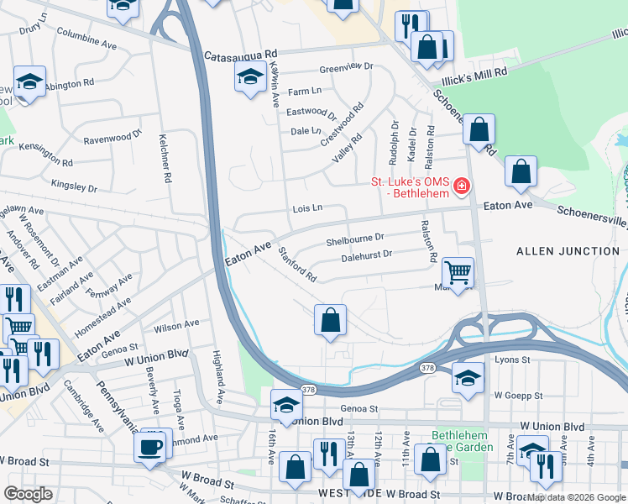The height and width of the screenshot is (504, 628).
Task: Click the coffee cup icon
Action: [x=151, y=447]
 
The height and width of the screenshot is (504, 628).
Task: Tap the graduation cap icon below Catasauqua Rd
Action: [x=249, y=79]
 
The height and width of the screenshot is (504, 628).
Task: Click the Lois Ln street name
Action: [x=307, y=208]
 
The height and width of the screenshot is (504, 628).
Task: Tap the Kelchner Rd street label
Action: [x=165, y=161]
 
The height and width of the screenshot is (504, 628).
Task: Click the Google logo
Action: [x=29, y=494]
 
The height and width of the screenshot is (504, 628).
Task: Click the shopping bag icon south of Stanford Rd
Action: [x=330, y=320]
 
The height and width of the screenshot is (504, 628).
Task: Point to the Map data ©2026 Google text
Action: [x=576, y=497]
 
